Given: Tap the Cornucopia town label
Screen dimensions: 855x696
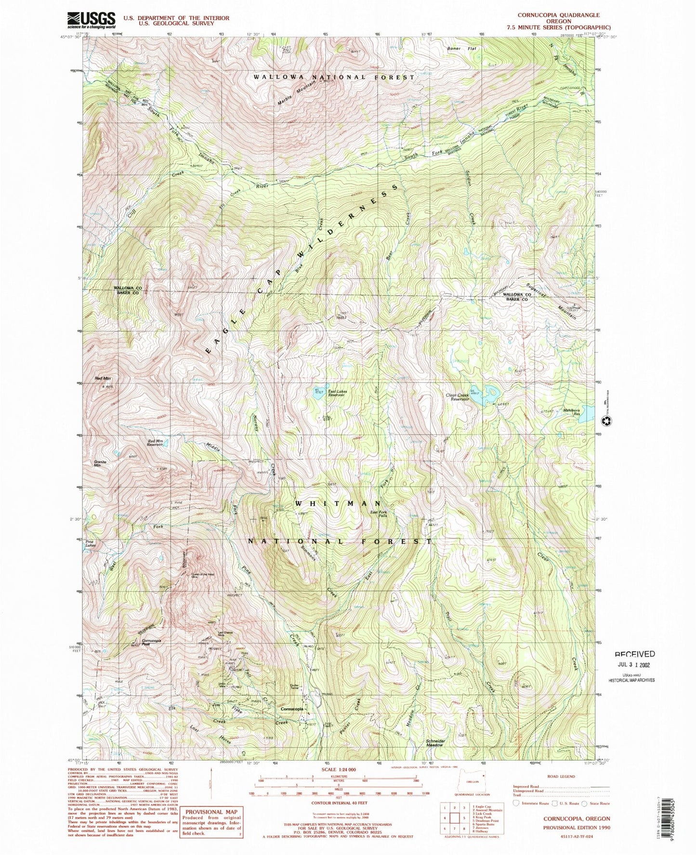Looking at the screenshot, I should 292,709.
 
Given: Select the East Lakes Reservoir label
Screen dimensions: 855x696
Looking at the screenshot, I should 337,393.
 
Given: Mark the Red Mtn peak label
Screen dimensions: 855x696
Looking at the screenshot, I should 104,379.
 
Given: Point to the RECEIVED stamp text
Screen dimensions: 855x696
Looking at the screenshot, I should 635,654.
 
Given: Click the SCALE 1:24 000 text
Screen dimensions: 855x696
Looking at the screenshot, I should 339,770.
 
